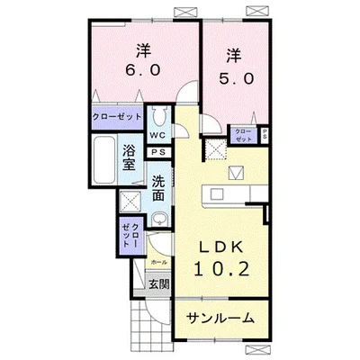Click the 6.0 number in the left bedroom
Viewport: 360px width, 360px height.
pos(141,69)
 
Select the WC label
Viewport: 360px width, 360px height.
pos(157,136)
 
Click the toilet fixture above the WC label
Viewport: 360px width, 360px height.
pos(158,117)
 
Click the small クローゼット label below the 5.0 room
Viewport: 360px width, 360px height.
pos(244,135)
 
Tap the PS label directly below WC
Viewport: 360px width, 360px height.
pos(157,152)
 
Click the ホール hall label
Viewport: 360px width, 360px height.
pos(158,261)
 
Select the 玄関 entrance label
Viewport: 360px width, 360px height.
pos(158,285)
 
